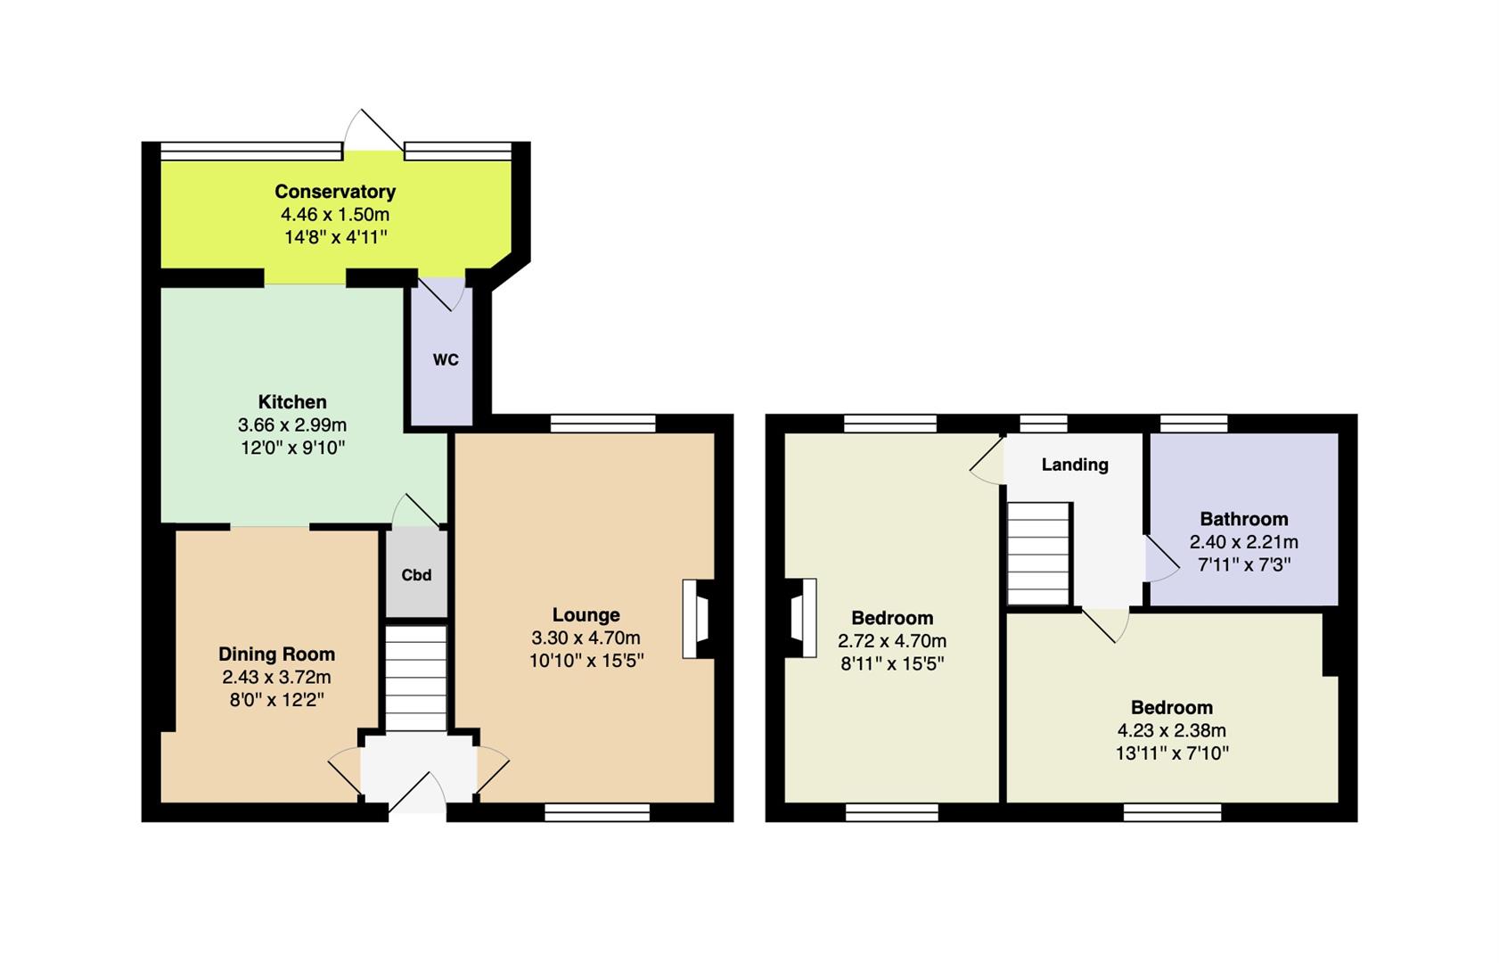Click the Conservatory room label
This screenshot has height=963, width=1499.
[x=335, y=192]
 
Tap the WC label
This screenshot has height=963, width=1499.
[x=446, y=360]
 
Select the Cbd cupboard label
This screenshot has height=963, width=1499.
[x=416, y=575]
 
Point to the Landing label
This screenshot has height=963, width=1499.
[x=1075, y=465]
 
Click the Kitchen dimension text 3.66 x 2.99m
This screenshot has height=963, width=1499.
[x=292, y=425]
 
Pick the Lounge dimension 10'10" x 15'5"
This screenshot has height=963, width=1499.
[x=586, y=661]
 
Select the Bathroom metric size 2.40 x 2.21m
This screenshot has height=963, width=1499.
[x=1244, y=542]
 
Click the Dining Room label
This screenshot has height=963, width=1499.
[x=277, y=654]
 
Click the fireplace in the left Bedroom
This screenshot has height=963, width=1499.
[x=800, y=617]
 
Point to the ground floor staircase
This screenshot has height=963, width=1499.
[x=415, y=679]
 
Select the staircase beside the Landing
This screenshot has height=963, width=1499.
[x=1038, y=554]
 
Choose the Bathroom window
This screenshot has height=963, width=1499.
[x=1194, y=424]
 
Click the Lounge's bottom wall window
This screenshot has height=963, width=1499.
[x=597, y=812]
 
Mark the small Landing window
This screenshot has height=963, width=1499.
[x=1044, y=424]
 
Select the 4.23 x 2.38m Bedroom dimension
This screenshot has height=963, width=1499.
[x=1172, y=730]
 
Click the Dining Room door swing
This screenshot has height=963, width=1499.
[x=345, y=772]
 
